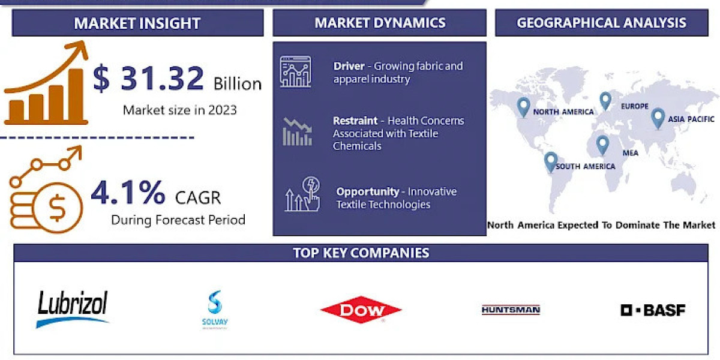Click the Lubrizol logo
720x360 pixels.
coord(73,308)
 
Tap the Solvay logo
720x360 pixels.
coord(215,310)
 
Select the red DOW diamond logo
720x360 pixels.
coord(361,310)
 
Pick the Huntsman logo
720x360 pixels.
coord(511,310)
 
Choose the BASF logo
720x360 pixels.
coord(653,310)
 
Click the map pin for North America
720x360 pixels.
coord(523,107)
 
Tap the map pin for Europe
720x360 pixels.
coord(605,100)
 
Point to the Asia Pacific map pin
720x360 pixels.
coord(658,117)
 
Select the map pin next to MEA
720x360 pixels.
coord(602,144)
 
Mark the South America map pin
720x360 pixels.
coord(551,161)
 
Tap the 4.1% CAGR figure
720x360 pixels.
coord(128,193)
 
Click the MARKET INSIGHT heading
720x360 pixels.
coord(137,23)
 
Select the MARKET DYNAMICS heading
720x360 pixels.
coord(380,23)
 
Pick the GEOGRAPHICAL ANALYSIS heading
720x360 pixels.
coord(601,23)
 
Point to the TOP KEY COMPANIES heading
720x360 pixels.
coord(361,253)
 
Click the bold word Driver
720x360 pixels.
coord(349,66)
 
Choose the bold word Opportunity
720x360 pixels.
coord(367,191)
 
